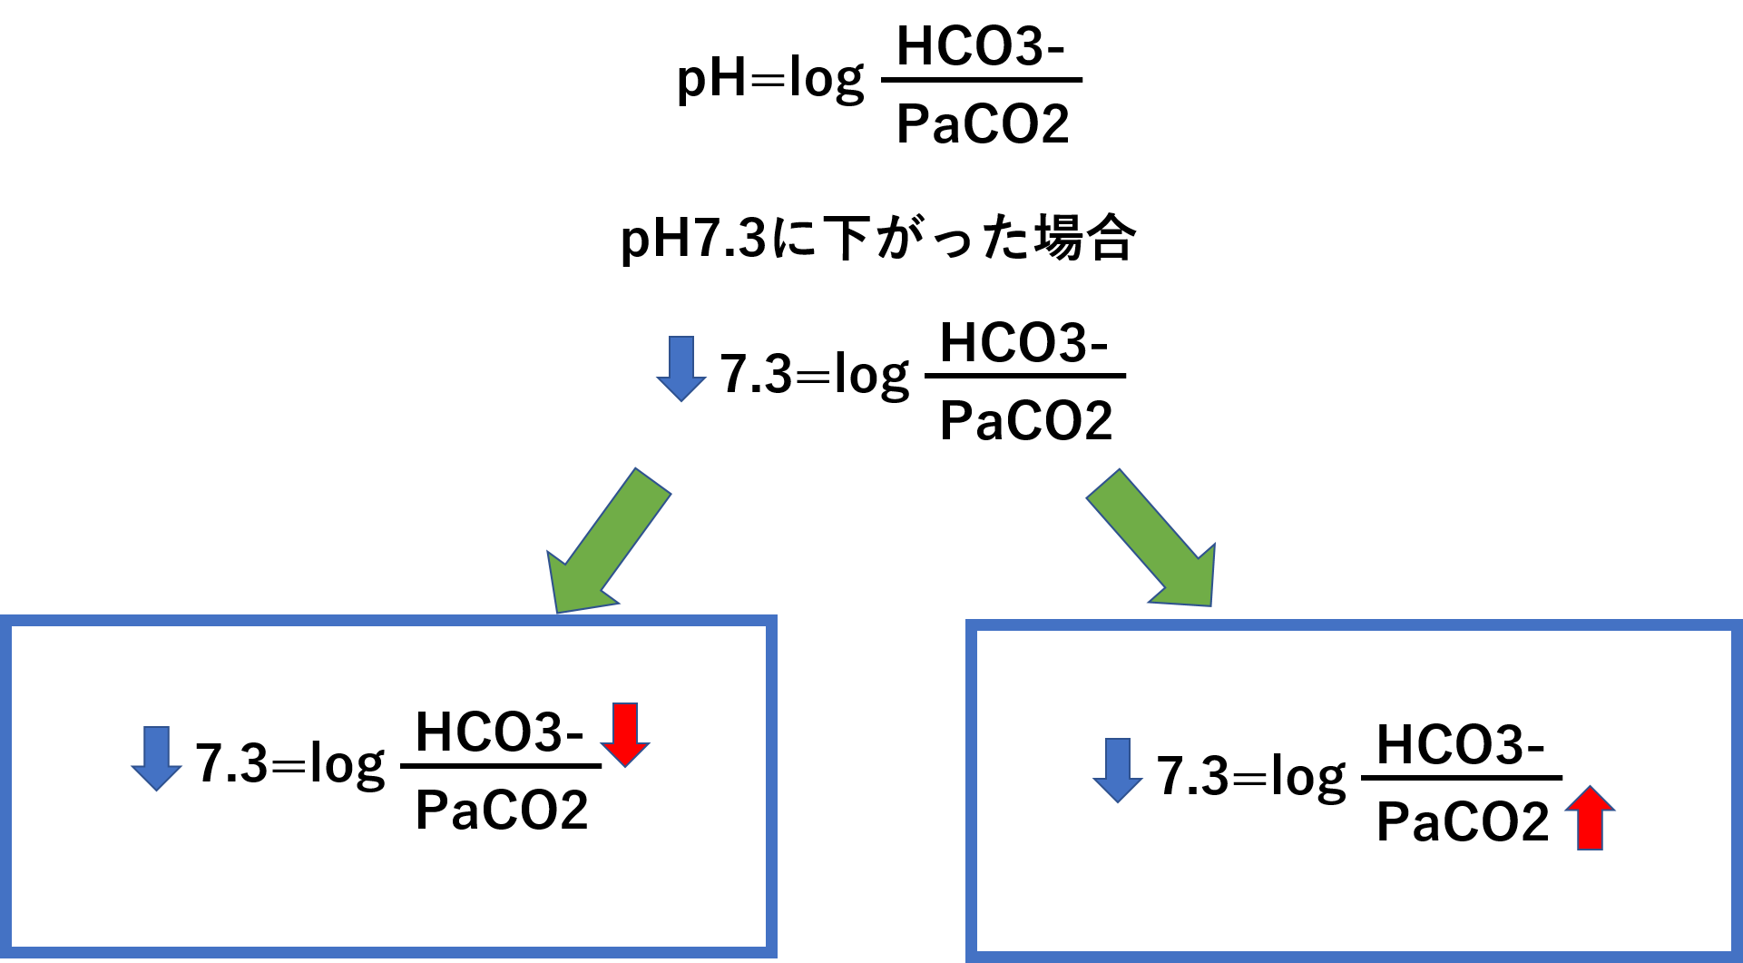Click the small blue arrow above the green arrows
pyautogui.click(x=681, y=368)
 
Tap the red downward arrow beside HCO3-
pyautogui.click(x=625, y=732)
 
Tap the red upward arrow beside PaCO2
pyautogui.click(x=1590, y=818)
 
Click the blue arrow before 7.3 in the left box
pyautogui.click(x=157, y=757)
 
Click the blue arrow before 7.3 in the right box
pyautogui.click(x=1118, y=769)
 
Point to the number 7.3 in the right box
pyautogui.click(x=1192, y=775)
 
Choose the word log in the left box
pyautogui.click(x=347, y=764)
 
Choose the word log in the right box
pyautogui.click(x=1307, y=777)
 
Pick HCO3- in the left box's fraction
pyautogui.click(x=499, y=732)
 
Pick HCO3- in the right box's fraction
pyautogui.click(x=1460, y=744)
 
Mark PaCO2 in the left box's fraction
pyautogui.click(x=501, y=810)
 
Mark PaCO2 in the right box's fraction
pyautogui.click(x=1462, y=822)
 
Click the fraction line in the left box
pyautogui.click(x=501, y=767)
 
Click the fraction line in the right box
pyautogui.click(x=1462, y=778)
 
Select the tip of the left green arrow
pyautogui.click(x=558, y=610)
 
